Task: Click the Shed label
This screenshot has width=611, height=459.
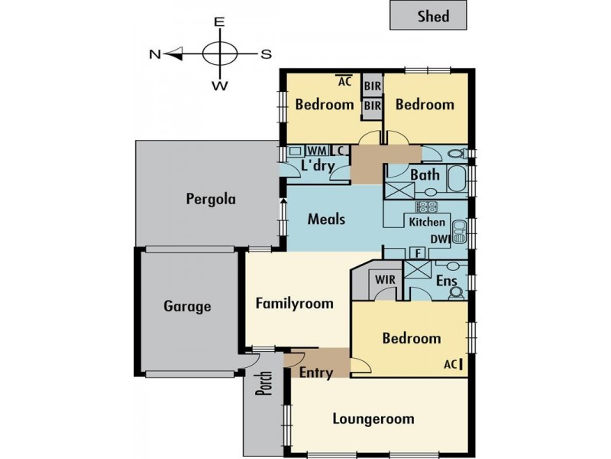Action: pyautogui.click(x=433, y=16)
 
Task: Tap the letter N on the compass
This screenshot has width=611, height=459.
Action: pyautogui.click(x=155, y=54)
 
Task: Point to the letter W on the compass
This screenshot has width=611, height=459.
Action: pyautogui.click(x=220, y=86)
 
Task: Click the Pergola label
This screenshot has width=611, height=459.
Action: pyautogui.click(x=211, y=199)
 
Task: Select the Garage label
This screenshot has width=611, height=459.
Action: pyautogui.click(x=187, y=306)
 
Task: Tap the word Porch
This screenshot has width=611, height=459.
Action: pyautogui.click(x=264, y=382)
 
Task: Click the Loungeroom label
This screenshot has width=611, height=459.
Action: pyautogui.click(x=373, y=418)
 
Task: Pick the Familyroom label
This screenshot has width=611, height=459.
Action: pyautogui.click(x=295, y=303)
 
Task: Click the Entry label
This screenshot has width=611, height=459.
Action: pyautogui.click(x=316, y=373)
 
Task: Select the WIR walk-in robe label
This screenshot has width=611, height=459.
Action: pyautogui.click(x=385, y=279)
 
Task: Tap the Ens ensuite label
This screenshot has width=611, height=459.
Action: pyautogui.click(x=447, y=280)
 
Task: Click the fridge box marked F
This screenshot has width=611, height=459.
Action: pyautogui.click(x=418, y=253)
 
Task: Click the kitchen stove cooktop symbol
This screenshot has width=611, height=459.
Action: pyautogui.click(x=426, y=207)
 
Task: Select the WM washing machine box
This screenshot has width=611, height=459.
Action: pyautogui.click(x=318, y=150)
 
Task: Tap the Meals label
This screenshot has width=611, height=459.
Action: pyautogui.click(x=327, y=219)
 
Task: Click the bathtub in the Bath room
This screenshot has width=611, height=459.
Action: pyautogui.click(x=457, y=178)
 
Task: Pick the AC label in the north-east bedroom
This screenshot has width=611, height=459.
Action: pyautogui.click(x=345, y=81)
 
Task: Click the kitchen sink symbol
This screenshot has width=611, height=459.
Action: pyautogui.click(x=460, y=232)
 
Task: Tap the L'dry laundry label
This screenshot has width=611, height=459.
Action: pyautogui.click(x=318, y=166)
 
